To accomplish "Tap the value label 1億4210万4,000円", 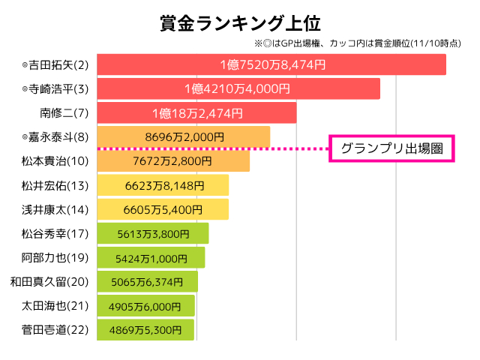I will (x=237, y=89).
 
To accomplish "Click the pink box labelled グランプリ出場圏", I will (x=392, y=148).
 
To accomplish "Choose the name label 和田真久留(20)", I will (x=49, y=282).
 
